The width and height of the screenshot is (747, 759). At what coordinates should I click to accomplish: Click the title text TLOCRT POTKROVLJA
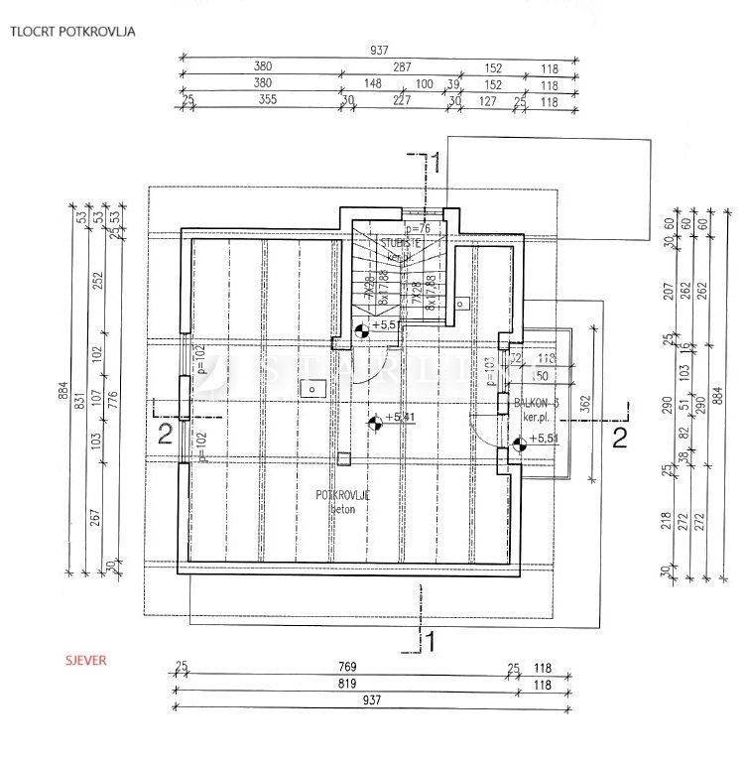[72, 31]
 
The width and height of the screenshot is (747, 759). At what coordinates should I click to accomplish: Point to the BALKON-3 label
[537, 403]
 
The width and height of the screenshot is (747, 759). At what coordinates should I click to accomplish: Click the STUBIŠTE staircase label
[402, 242]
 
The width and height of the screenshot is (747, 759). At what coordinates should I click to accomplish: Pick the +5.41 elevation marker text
[400, 418]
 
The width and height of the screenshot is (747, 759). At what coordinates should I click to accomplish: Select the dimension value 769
[346, 667]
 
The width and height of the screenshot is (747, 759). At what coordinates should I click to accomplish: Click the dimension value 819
[346, 684]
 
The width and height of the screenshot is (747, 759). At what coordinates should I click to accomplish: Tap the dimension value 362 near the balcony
[586, 404]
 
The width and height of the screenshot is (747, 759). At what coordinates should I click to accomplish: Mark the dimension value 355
[264, 99]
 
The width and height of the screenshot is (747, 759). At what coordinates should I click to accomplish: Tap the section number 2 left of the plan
[165, 433]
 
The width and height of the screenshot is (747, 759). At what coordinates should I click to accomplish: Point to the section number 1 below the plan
[430, 641]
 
